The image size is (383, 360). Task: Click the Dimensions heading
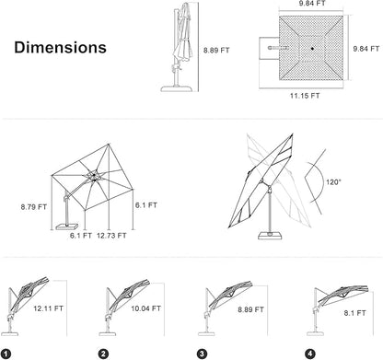point(60,48)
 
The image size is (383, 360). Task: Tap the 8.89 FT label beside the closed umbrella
point(216,51)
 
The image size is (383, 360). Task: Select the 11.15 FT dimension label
point(305,96)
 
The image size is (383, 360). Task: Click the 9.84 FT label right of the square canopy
point(366,49)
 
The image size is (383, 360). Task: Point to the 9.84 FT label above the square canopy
point(312,4)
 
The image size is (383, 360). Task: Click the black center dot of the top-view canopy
point(312,49)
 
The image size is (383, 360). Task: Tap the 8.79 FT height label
point(34,207)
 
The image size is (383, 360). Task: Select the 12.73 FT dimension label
point(111,236)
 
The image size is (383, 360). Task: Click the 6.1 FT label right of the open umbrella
point(146,205)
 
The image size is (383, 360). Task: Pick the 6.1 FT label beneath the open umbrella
point(81,236)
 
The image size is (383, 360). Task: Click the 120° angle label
point(333,182)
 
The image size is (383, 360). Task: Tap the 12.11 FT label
point(48,308)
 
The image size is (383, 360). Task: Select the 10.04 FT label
point(145,308)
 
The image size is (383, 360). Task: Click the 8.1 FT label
point(354,313)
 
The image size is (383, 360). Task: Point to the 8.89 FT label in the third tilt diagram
point(250,309)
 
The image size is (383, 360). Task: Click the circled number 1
point(6,354)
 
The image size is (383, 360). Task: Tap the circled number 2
point(103,354)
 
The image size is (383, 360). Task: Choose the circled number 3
point(202,354)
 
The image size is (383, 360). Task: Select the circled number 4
point(310,354)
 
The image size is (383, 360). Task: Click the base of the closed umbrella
point(177,88)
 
